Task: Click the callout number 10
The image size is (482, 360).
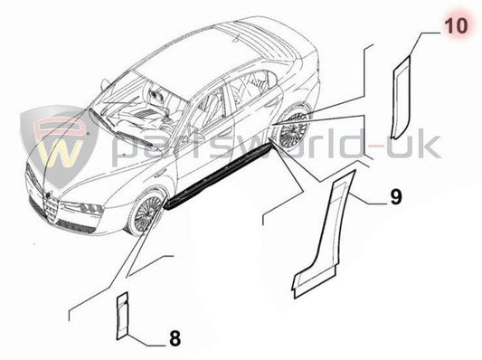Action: [x=458, y=25]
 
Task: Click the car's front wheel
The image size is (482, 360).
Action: [x=145, y=213]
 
